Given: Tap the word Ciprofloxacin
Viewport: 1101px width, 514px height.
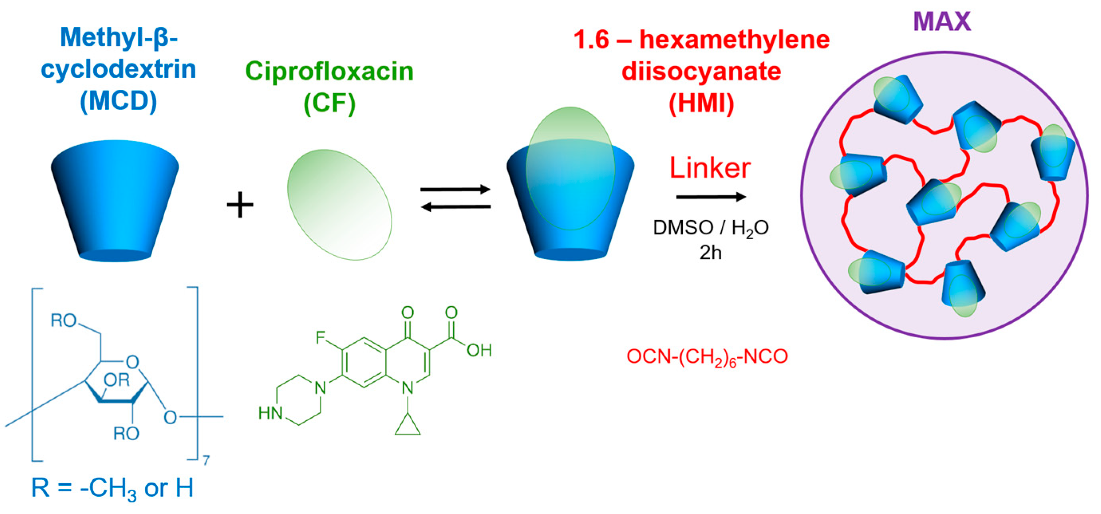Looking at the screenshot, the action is tap(329, 71).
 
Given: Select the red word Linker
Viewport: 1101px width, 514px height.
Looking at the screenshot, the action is tap(710, 168).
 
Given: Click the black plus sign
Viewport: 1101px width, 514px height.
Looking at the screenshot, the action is tap(240, 205).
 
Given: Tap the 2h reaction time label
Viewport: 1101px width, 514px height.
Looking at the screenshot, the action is tap(710, 252).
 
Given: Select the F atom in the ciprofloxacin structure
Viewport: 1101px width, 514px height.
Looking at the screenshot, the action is tap(320, 337).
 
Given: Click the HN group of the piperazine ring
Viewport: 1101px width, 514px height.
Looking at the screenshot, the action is tap(270, 413).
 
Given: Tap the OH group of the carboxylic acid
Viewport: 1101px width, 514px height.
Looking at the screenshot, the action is tap(479, 351).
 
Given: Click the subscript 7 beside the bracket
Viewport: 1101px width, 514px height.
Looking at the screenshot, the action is tap(206, 460).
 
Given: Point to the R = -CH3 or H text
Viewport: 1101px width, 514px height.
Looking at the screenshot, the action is tap(112, 488).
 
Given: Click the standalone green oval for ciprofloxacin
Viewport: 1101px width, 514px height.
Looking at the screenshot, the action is tap(339, 205).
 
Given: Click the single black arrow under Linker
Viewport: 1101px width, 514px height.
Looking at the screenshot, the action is tap(711, 197).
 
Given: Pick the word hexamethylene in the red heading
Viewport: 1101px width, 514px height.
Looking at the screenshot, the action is tap(734, 40).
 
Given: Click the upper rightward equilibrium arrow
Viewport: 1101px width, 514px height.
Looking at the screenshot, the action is tap(455, 189).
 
